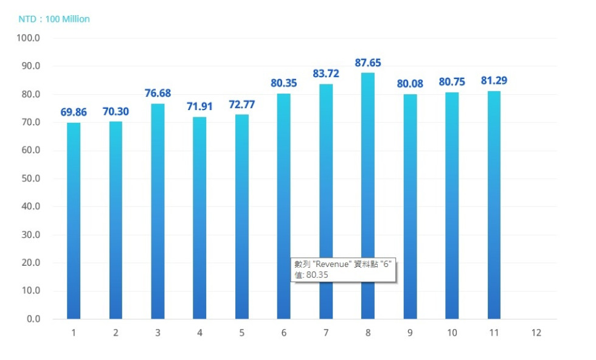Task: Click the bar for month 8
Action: coord(368,195)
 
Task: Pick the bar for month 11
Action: coord(494,204)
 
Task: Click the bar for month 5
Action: coord(241,216)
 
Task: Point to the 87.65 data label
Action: coord(368,63)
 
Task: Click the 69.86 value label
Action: coord(74,112)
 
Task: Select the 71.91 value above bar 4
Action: coord(199,107)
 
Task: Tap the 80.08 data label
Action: coord(410,84)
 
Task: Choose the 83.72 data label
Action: coord(326,74)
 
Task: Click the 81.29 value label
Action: coord(494,81)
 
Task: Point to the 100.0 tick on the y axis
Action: coord(29,38)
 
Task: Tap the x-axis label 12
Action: coord(536,333)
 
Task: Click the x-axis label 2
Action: coord(116,333)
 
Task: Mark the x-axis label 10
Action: coord(452,333)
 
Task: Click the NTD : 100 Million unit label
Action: coord(54,19)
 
